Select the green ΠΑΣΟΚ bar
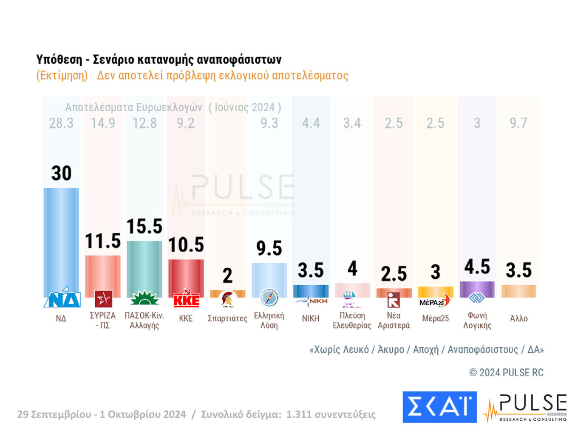pos(144,267)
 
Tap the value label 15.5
pos(144,226)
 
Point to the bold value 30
pos(61,173)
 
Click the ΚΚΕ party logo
pos(186,299)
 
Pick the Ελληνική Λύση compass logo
pos(269,298)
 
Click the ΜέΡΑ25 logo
pos(435,301)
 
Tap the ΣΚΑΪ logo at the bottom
pos(439,407)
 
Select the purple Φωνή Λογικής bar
pos(477,289)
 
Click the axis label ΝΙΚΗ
pos(311,318)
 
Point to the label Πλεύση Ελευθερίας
pos(352,321)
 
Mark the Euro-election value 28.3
pos(61,123)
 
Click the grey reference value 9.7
pos(518,123)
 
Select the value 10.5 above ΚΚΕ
pos(186,245)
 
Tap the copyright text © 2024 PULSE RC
pos(506,372)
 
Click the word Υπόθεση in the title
pos(59,59)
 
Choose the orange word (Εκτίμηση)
pos(62,76)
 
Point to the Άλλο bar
pos(518,291)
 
